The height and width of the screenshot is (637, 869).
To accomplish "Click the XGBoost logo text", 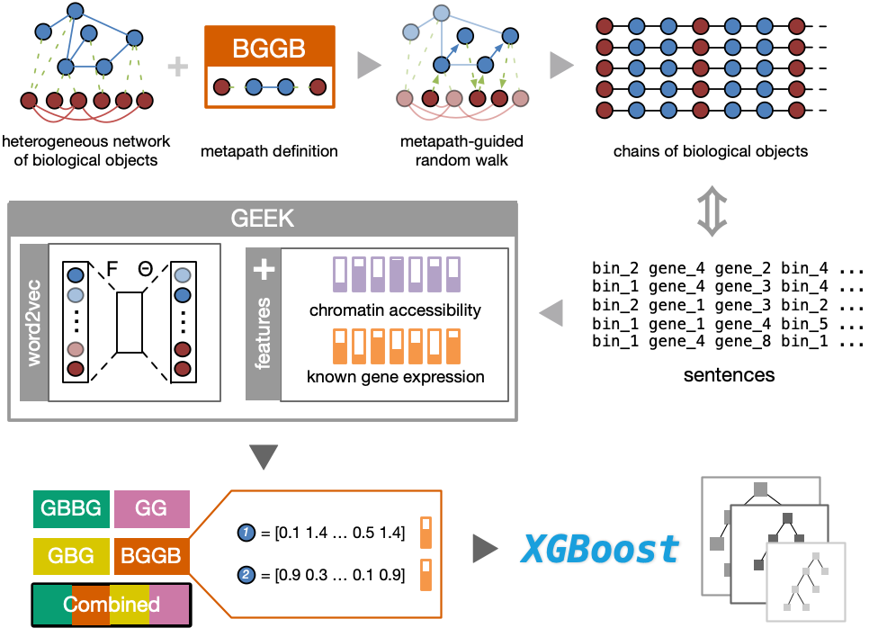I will pos(598,548).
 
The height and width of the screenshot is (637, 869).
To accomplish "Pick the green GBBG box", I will pos(72,508).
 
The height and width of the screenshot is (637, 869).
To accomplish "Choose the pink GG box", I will pos(151,508).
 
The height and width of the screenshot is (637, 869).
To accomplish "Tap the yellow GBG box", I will pos(72,556).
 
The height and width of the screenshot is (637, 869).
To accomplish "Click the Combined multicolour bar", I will pos(112,604).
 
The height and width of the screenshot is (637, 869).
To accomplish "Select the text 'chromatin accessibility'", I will pos(395,310).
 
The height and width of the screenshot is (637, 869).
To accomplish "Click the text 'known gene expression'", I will pos(395,376).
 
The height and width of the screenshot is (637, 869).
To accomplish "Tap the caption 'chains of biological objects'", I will pos(710,151).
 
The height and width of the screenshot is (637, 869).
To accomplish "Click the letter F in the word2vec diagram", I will pos(112,268).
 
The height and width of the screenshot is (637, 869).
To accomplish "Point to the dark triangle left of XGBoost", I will pos(486,548).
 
